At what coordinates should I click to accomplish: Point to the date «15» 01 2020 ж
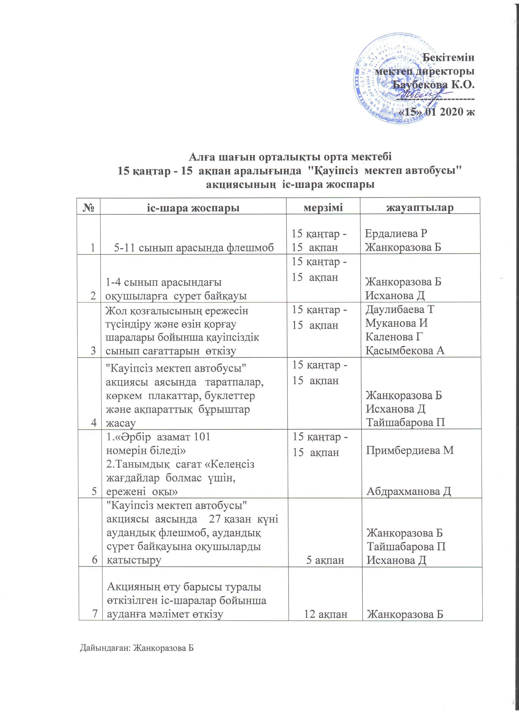click(437, 112)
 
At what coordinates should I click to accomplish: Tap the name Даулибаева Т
click(400, 309)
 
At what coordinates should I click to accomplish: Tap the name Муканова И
click(396, 323)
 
